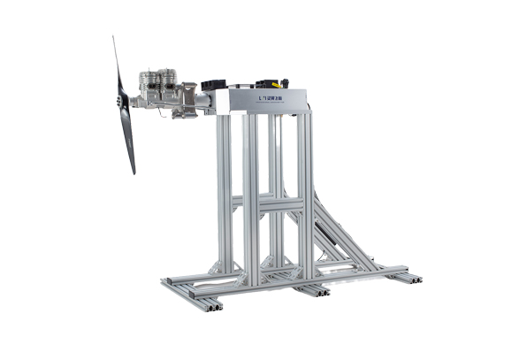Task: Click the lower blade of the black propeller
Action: (x=128, y=142)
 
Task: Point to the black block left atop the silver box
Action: (x=214, y=85)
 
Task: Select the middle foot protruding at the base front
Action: (x=311, y=291)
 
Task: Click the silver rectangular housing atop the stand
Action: (x=265, y=100)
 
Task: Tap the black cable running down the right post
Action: (x=310, y=177)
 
